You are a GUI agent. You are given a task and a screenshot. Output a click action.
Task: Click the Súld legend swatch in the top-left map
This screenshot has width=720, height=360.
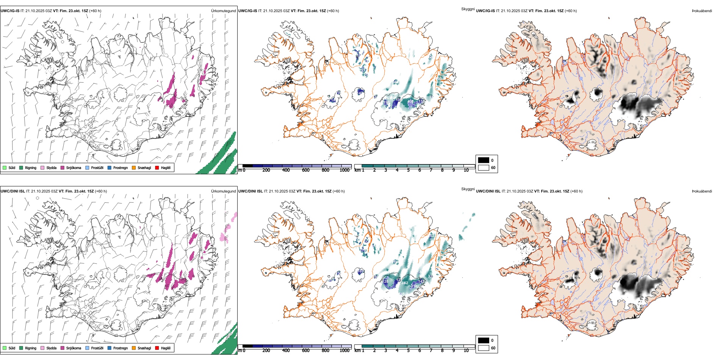point(5,167)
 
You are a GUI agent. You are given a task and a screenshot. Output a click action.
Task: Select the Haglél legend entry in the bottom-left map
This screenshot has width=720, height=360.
point(157,348)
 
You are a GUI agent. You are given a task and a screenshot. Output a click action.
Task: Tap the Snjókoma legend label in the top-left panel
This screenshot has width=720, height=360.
point(74,167)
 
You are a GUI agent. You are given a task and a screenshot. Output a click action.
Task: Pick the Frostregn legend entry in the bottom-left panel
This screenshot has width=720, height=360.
point(120,348)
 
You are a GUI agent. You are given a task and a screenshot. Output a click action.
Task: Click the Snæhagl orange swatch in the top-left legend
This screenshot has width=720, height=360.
point(134,167)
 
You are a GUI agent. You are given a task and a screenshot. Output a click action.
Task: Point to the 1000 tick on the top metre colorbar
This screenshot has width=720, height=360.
point(344,170)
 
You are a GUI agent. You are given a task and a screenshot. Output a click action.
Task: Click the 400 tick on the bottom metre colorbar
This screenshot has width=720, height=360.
point(286,351)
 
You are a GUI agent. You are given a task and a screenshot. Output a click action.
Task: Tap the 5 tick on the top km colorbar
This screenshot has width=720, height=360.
point(408,170)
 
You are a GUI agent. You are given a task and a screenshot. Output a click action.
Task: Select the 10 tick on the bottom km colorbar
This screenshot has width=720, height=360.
point(466,351)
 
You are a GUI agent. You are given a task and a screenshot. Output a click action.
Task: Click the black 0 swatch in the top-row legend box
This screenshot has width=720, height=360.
point(484,160)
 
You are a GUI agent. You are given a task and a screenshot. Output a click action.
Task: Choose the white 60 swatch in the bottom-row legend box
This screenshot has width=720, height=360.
point(484,348)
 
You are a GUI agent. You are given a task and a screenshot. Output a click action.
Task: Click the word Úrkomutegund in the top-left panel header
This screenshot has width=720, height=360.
point(223,11)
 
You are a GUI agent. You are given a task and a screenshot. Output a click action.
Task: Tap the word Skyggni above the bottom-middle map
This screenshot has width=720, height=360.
point(468,189)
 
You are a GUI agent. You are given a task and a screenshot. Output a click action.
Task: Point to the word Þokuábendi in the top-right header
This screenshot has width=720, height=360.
point(702,11)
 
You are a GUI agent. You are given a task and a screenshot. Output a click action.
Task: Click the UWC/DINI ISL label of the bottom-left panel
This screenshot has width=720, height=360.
point(13,191)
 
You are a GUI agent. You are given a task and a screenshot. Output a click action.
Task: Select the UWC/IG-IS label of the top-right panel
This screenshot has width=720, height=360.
point(485,11)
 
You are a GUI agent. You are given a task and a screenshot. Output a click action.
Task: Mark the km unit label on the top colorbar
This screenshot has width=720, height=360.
point(357,170)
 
